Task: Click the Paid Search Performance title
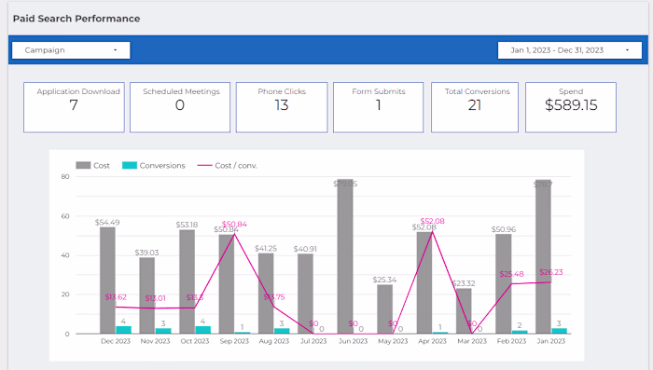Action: [76, 19]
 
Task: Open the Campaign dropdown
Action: [70, 49]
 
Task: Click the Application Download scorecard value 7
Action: [73, 105]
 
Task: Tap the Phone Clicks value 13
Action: [282, 105]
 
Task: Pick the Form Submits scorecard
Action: [379, 105]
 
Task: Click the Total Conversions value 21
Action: [475, 105]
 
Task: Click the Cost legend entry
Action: [93, 165]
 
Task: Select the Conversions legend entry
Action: [154, 165]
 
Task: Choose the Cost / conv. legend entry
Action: [228, 165]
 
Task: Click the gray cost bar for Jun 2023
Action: [345, 256]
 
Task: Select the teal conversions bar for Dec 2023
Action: [123, 329]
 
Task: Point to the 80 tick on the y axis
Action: [65, 176]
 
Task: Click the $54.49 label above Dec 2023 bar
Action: [108, 222]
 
